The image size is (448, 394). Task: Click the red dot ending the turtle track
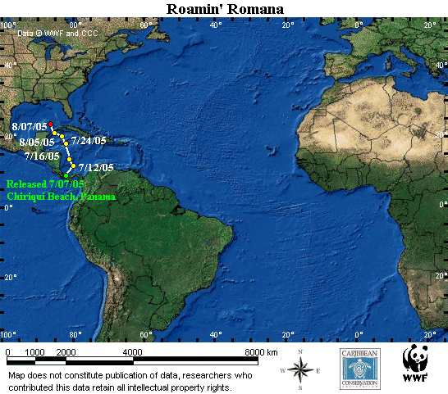point(50,125)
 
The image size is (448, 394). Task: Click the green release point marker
point(66,175)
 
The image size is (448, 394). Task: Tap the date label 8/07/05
point(29,127)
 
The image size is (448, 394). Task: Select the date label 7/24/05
point(89,140)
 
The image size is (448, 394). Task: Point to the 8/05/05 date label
point(37,142)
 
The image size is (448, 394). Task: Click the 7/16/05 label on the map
point(41,156)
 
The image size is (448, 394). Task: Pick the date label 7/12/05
point(95,168)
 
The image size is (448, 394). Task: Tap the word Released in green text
point(27,183)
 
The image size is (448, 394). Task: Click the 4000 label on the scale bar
point(133,351)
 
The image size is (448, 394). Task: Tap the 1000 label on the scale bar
point(37,351)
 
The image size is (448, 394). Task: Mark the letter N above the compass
point(301,352)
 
